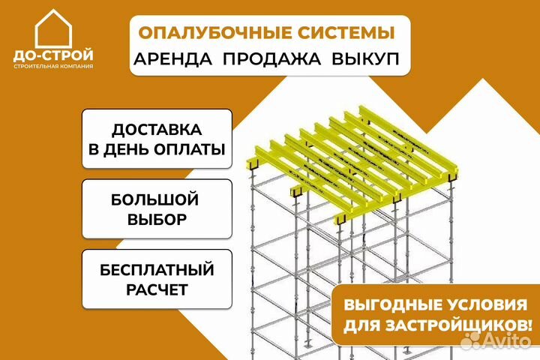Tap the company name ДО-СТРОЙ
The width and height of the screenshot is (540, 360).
[x=53, y=55]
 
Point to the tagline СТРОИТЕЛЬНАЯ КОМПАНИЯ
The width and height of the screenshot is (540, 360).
[x=53, y=66]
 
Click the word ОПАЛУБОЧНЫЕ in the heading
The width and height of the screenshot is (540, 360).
[x=215, y=33]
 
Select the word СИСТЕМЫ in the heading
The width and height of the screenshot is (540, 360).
[x=346, y=33]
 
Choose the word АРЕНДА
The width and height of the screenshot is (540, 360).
[x=173, y=59]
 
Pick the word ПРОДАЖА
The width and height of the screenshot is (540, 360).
[x=271, y=59]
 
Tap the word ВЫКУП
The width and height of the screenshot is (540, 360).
[x=365, y=59]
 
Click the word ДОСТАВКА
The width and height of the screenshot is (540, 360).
[x=157, y=130]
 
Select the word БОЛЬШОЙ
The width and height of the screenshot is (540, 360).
[x=155, y=199]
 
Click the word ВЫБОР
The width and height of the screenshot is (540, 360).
[x=157, y=219]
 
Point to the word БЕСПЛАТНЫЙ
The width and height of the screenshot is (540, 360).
[x=157, y=270]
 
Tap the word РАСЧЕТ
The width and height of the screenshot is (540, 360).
[x=157, y=289]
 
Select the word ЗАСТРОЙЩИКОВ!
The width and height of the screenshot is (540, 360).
[x=458, y=325]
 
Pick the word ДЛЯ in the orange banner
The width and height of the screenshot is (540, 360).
[x=361, y=326]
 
